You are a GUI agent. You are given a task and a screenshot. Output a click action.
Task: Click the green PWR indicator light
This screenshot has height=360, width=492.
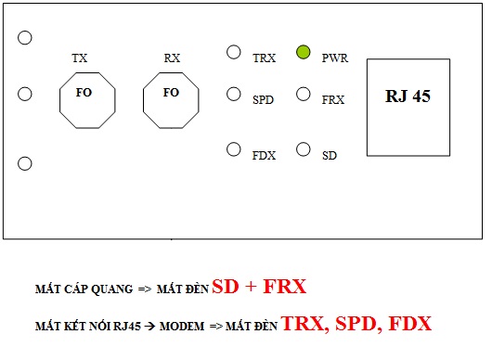coord(304,52)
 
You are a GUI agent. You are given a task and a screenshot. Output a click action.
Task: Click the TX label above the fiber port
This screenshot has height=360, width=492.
coord(80,58)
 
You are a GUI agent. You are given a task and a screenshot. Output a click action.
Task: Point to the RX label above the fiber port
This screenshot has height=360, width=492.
coord(172,58)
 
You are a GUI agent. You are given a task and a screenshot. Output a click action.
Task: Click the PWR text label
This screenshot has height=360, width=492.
coord(335,58)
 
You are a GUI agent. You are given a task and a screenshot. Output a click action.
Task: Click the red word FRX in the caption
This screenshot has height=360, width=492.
coord(285,286)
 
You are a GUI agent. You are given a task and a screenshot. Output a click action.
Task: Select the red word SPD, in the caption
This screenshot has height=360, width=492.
coord(356,323)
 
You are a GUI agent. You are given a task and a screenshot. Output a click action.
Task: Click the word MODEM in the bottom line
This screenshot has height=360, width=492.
coord(182,327)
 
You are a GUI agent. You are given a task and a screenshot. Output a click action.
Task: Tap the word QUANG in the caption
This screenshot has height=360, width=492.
coord(112,289)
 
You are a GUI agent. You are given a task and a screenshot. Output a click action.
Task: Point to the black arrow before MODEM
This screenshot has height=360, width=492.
coord(150,327)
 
